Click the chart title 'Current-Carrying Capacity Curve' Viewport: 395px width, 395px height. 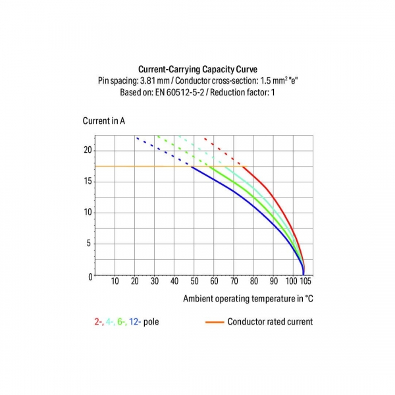click(197, 68)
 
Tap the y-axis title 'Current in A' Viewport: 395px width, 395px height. click(103, 120)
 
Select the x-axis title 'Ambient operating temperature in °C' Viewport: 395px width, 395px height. click(248, 298)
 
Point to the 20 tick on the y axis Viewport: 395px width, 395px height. click(88, 150)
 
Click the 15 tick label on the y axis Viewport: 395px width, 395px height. click(88, 181)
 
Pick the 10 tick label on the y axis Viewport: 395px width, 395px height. click(88, 212)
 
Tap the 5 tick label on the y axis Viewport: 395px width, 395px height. click(90, 243)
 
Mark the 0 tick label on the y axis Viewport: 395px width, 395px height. click(90, 276)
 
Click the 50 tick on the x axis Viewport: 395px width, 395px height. click(194, 282)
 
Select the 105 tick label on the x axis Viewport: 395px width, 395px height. click(305, 282)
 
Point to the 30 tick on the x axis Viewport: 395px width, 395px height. click(155, 282)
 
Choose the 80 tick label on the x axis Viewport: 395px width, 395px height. click(254, 282)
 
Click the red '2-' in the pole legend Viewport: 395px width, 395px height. click(98, 322)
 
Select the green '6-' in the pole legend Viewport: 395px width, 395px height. click(122, 322)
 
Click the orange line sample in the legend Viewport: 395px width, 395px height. click(214, 322)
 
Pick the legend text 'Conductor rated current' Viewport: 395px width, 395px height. click(270, 322)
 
